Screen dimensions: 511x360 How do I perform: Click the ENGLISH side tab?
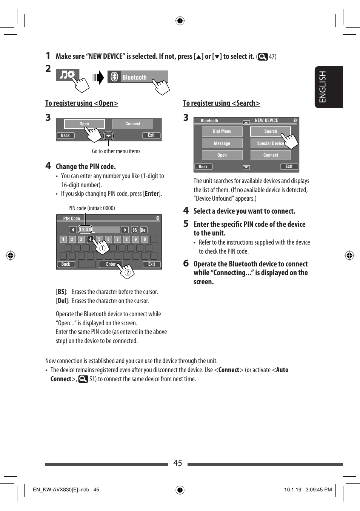point(329,87)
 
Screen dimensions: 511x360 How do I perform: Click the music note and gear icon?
point(68,74)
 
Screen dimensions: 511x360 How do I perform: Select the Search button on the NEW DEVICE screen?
point(270,131)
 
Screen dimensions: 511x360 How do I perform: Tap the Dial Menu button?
point(222,131)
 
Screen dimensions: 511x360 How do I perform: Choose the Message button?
point(222,143)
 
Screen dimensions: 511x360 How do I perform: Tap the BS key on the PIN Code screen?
point(135,230)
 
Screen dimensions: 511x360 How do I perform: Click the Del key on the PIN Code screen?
point(144,230)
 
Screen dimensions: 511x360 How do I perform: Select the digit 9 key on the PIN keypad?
point(135,239)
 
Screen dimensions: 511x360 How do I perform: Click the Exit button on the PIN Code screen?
point(152,264)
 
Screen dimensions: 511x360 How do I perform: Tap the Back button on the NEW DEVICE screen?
point(203,167)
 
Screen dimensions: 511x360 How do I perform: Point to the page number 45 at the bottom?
point(178,463)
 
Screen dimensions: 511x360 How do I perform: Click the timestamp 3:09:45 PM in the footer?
point(318,489)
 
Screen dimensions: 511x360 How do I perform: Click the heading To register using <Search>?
point(222,103)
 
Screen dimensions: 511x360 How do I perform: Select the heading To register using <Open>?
point(82,103)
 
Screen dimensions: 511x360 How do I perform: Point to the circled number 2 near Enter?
point(128,272)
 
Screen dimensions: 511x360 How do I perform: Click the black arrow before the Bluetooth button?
point(99,77)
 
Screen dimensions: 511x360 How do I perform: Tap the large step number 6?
point(186,263)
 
